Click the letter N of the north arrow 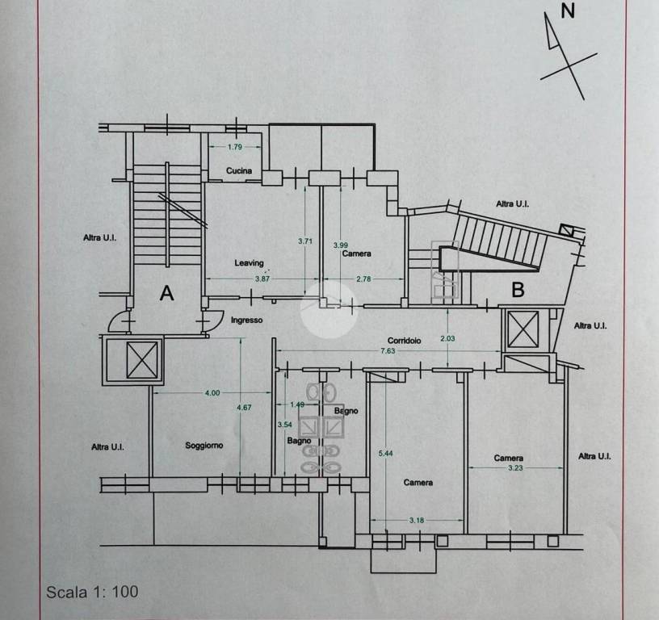[568, 10]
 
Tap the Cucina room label [239, 170]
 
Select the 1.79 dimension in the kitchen [235, 147]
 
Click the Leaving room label [250, 263]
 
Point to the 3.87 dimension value [262, 279]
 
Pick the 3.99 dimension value [341, 245]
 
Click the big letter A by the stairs [167, 293]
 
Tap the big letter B [518, 290]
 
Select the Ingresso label [246, 320]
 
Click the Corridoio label [405, 341]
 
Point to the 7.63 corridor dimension [388, 350]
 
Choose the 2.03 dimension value [447, 338]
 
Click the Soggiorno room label [204, 446]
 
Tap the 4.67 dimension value [244, 408]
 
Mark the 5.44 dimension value [385, 453]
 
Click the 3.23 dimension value [515, 467]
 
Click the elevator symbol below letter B [523, 329]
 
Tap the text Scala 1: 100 [92, 592]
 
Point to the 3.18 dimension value [417, 521]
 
